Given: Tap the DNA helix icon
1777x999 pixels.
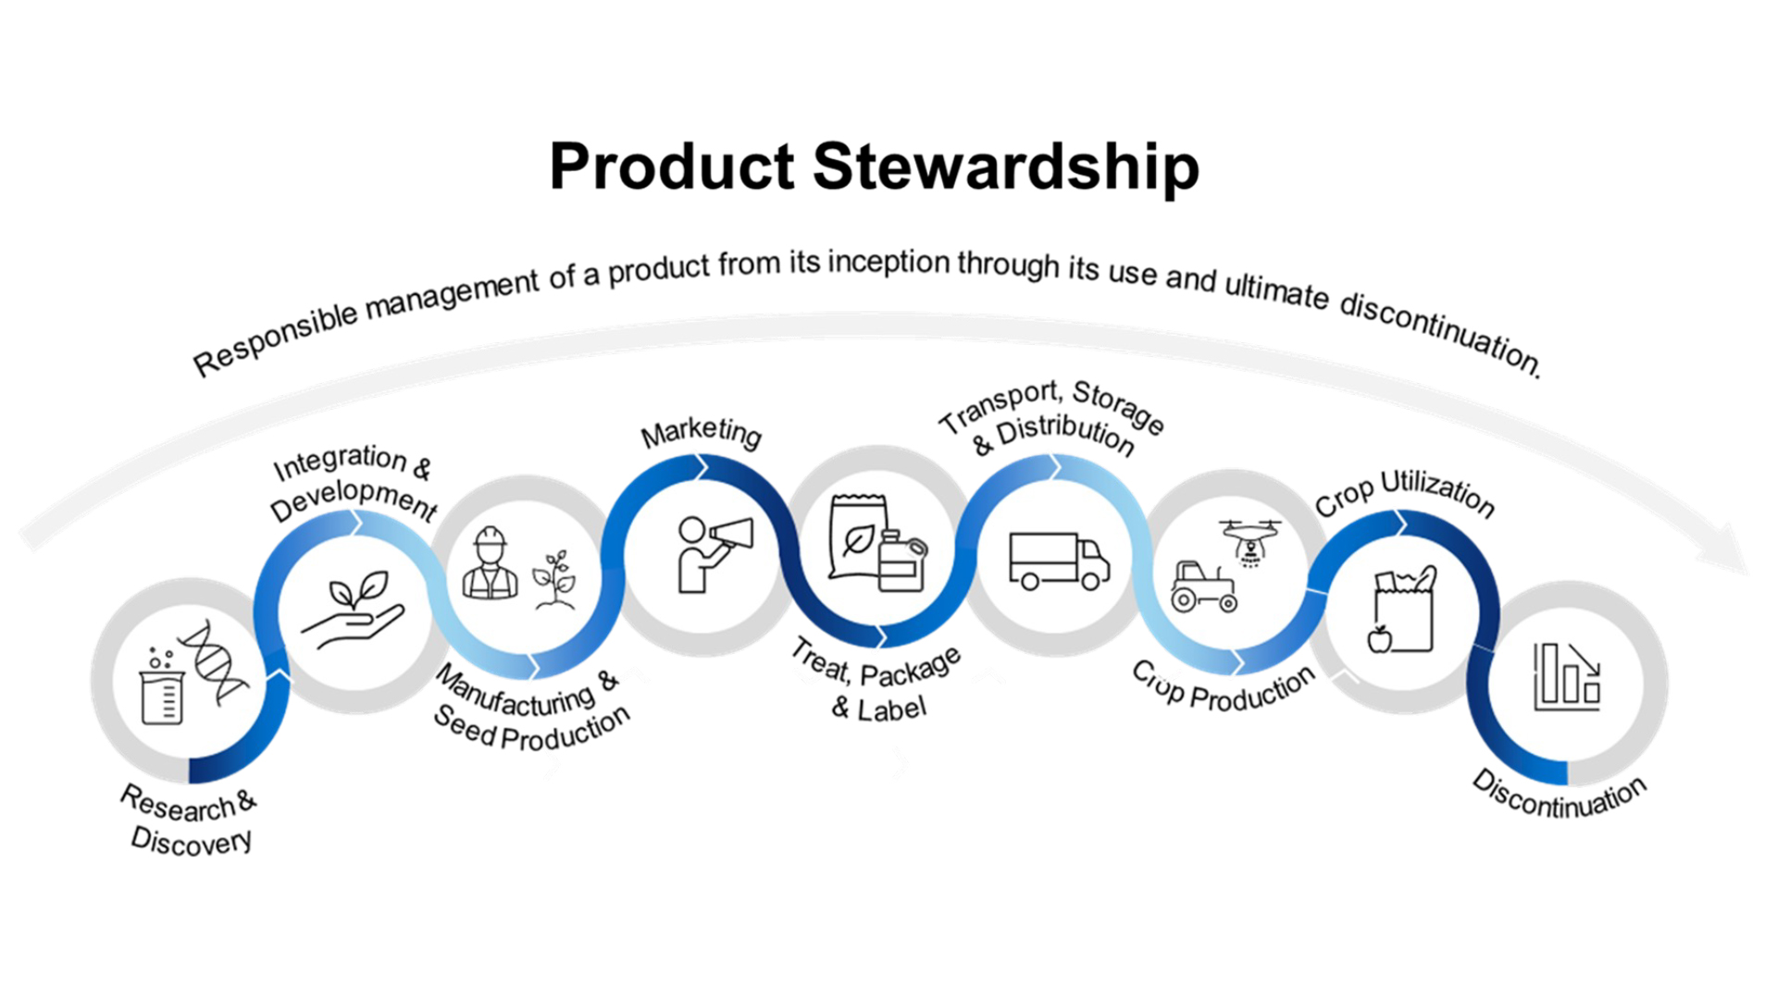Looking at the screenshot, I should click(x=214, y=661).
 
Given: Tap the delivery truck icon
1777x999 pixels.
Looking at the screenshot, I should click(x=1058, y=561).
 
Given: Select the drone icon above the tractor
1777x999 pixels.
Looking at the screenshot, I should click(x=1250, y=538).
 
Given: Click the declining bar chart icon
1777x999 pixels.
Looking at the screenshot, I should click(x=1567, y=677).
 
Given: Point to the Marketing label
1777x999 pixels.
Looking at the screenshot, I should click(x=701, y=432).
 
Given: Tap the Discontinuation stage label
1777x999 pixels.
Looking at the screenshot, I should click(x=1560, y=795).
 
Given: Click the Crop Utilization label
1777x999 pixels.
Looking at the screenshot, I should click(x=1404, y=494).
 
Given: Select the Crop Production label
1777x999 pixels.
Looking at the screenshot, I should click(x=1223, y=688).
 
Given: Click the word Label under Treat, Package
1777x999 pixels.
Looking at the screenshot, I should click(x=890, y=709).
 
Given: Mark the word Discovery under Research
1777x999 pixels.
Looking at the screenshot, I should click(x=191, y=841).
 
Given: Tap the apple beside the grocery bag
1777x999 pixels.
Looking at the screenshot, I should click(x=1379, y=638).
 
